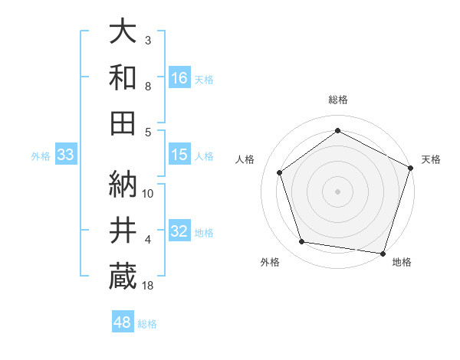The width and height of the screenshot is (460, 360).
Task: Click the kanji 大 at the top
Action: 123,33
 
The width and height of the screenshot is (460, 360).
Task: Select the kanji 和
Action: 123,77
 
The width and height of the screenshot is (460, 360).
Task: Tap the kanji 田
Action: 123,122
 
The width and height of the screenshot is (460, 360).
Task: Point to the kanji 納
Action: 123,183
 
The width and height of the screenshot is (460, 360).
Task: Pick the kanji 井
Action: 123,229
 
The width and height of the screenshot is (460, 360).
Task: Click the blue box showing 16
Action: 179,77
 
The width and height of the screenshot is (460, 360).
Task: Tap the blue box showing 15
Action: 179,155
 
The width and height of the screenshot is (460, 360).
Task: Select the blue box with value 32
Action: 179,231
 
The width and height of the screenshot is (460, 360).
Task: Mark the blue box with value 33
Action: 65,155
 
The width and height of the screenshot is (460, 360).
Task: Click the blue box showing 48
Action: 123,322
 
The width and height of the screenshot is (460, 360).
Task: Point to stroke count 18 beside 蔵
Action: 149,286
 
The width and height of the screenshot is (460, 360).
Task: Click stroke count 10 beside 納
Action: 149,194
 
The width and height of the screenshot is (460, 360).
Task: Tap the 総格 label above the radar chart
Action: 338,100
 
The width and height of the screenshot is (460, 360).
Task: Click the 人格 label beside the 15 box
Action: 204,155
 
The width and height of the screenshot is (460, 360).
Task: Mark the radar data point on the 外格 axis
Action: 302,242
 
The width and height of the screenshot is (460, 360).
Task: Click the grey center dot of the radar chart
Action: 338,191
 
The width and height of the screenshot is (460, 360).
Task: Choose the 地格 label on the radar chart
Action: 402,262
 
